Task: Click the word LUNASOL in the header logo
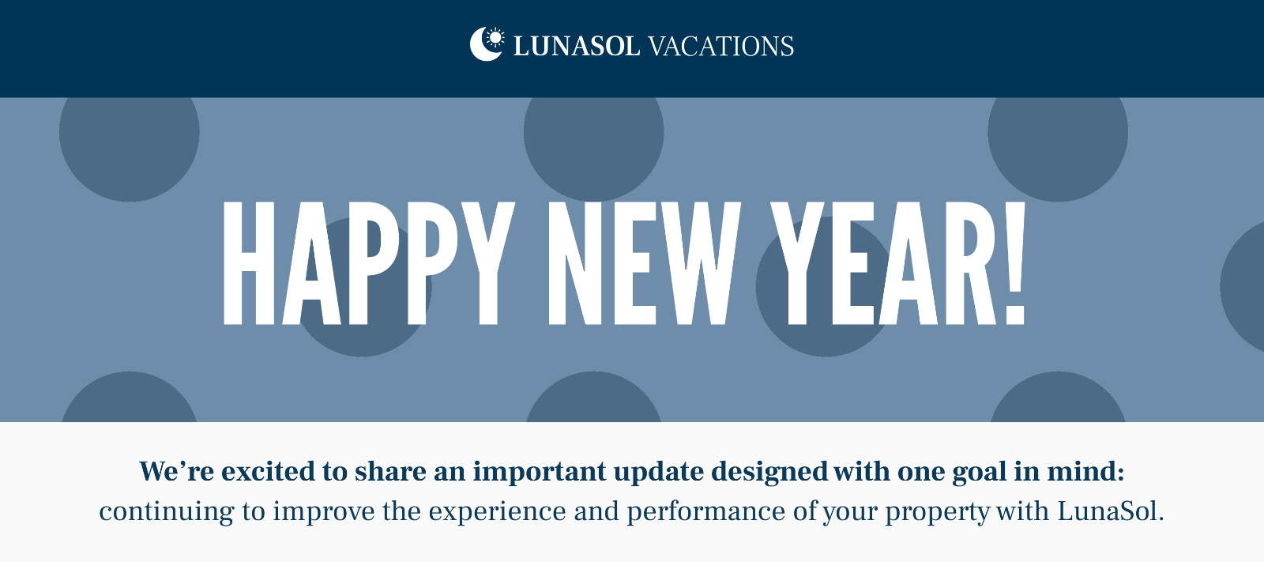tap(576, 47)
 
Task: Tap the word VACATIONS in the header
tap(721, 47)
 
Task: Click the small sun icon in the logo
tap(495, 37)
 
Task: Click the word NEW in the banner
tap(644, 263)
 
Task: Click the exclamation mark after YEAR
tap(1015, 263)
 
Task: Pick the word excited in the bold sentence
tap(268, 471)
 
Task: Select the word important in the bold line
tap(539, 472)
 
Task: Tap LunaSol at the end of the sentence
tap(1110, 511)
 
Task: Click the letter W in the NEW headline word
tap(701, 263)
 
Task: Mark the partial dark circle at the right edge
tap(1244, 286)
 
